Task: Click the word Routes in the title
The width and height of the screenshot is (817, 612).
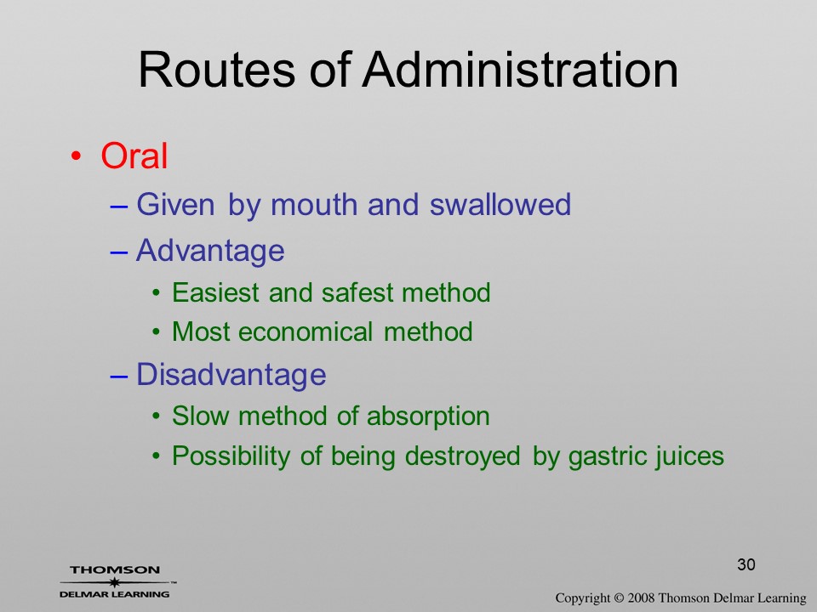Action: (x=217, y=70)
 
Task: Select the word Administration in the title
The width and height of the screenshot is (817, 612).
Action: (x=520, y=70)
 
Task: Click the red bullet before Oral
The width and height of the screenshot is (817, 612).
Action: (x=76, y=156)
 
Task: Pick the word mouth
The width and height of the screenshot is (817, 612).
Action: (x=317, y=204)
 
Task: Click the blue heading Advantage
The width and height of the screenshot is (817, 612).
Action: (x=210, y=251)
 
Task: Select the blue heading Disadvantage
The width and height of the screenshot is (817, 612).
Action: (x=231, y=374)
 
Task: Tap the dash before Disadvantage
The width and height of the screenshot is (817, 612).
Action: (x=119, y=376)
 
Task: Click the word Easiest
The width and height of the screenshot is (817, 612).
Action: (x=215, y=292)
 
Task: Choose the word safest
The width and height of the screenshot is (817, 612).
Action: (x=357, y=292)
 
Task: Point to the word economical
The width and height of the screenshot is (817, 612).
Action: (x=306, y=332)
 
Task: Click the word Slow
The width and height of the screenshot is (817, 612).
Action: (x=201, y=416)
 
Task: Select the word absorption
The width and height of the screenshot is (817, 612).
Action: (x=428, y=417)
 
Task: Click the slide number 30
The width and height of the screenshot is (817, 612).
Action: (x=746, y=564)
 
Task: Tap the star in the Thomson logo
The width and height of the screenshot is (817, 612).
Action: (x=114, y=581)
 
